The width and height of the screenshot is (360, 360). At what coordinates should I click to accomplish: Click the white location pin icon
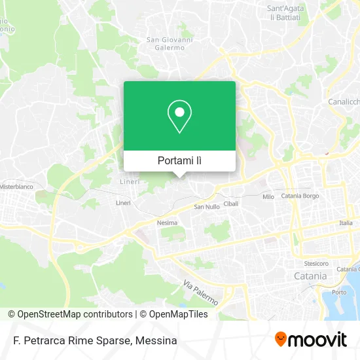179,117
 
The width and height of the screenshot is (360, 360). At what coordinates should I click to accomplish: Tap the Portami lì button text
179,160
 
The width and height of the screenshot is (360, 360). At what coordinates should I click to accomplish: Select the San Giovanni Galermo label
170,43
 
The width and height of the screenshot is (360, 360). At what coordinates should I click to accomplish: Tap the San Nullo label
207,207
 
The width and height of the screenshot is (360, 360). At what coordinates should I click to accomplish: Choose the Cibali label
231,204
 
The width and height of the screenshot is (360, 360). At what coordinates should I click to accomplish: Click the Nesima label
168,223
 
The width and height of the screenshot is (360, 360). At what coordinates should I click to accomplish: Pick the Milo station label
268,196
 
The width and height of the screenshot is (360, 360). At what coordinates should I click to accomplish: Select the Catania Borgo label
299,196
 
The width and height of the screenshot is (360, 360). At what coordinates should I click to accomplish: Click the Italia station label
346,223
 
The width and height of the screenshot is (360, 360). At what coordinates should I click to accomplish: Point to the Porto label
340,292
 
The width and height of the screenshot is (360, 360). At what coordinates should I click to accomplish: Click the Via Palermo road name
200,293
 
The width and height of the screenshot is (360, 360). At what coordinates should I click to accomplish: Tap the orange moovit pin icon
281,340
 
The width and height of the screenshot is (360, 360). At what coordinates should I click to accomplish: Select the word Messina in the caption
156,340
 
